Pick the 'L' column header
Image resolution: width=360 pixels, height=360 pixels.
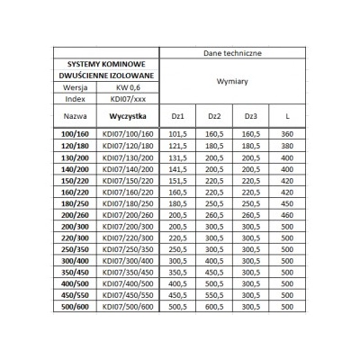(x=286, y=117)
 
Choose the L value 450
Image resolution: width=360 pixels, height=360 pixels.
(x=286, y=204)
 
